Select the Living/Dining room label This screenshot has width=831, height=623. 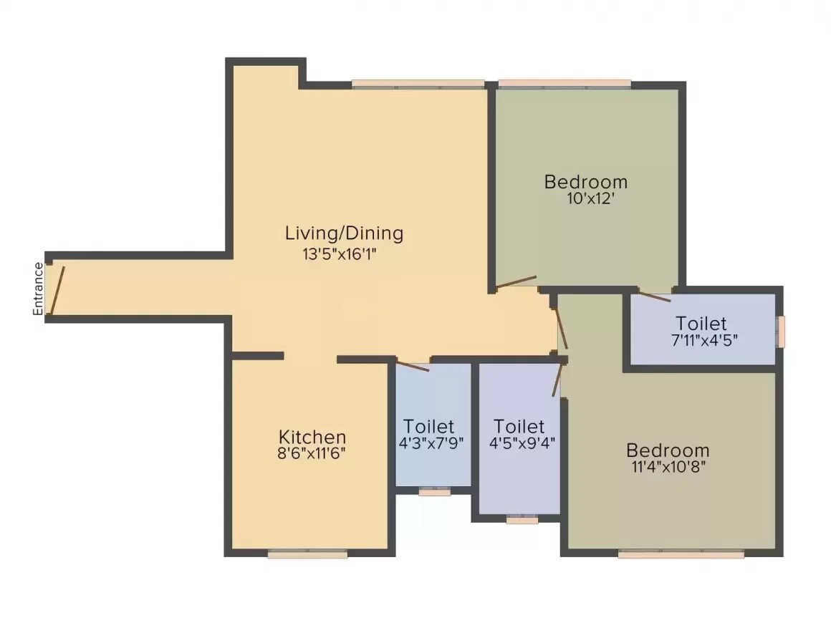point(344,233)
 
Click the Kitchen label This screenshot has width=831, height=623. point(312,437)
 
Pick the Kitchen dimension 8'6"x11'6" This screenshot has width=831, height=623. point(312,453)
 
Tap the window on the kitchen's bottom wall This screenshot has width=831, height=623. point(307,554)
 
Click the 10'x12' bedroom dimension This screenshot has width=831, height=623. point(585,198)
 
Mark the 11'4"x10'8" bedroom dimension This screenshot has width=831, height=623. point(667,467)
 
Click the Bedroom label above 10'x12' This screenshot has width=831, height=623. point(585,182)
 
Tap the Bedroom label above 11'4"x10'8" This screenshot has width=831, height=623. point(667,450)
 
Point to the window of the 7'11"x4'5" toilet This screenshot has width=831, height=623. point(782,331)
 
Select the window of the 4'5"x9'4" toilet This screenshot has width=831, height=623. point(522,519)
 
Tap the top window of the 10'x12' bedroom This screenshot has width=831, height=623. point(565,84)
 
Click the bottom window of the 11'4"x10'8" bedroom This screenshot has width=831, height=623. point(681,554)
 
